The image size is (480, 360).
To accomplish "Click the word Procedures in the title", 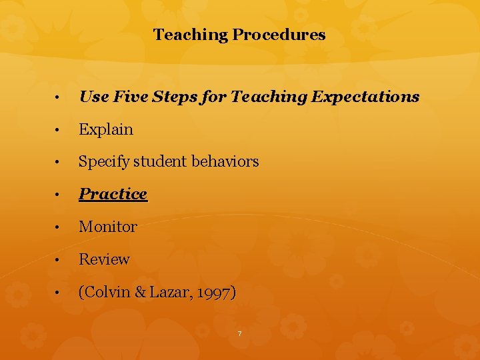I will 279,35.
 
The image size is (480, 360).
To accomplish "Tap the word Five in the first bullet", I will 127,97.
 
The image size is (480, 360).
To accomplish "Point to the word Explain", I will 106,129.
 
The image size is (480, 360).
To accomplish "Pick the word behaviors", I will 225,161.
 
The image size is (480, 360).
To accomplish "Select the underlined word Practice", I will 113,194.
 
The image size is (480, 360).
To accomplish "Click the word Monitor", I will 108,227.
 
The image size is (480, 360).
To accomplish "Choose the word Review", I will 104,259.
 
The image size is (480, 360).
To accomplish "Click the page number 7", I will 239,333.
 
